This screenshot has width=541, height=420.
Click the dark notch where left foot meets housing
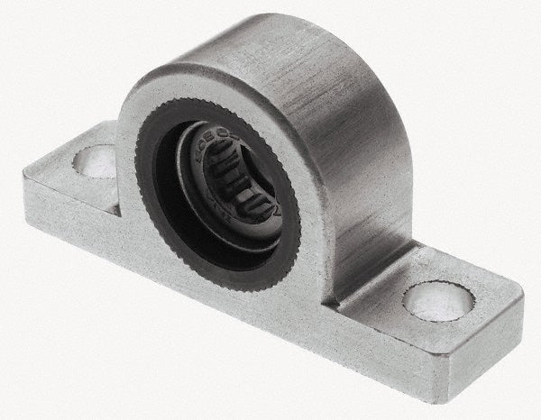pos(115,210)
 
